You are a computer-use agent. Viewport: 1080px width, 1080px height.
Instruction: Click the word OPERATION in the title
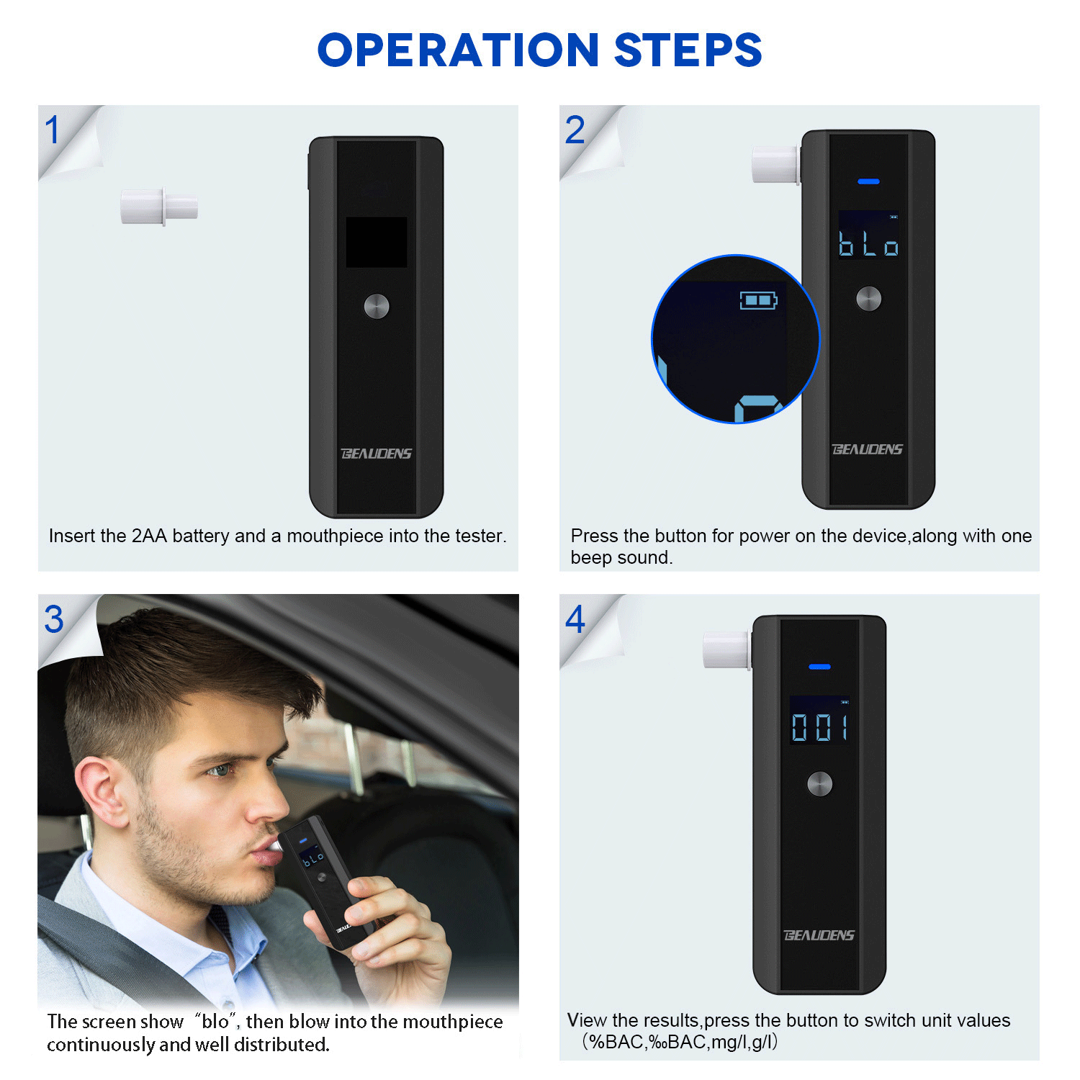[x=458, y=50]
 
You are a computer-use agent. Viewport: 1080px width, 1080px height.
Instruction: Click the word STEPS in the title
[x=688, y=50]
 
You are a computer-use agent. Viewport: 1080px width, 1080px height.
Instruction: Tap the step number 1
[x=52, y=130]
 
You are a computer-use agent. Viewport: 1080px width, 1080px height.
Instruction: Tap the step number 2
[x=575, y=130]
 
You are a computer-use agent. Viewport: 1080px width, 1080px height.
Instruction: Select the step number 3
[x=54, y=619]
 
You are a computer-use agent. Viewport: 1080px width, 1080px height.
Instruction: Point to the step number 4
[x=575, y=619]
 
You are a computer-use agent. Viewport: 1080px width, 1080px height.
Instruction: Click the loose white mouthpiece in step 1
[x=159, y=207]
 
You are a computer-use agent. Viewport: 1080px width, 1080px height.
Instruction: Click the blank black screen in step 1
[x=376, y=242]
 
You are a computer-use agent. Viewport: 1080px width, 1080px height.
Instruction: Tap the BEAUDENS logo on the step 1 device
[x=376, y=454]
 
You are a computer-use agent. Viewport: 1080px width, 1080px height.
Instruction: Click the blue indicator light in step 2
[x=868, y=181]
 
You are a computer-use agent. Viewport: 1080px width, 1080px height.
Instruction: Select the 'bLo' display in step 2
[x=868, y=243]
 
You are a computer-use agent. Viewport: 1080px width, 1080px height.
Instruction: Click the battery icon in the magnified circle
[x=758, y=300]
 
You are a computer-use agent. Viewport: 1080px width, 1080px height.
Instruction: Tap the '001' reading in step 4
[x=819, y=727]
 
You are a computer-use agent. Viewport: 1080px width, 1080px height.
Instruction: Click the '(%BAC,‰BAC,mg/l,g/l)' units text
[x=680, y=1042]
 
